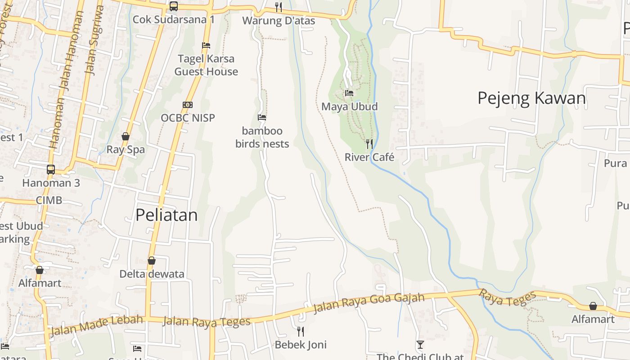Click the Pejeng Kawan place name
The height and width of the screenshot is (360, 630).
click(531, 98)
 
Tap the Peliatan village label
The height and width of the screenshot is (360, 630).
click(166, 215)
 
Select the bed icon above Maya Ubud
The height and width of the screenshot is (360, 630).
click(349, 93)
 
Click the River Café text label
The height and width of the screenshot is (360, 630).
click(369, 157)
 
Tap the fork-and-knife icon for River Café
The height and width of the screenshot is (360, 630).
click(369, 144)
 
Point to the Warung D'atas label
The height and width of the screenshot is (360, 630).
click(279, 21)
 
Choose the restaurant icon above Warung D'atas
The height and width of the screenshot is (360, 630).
click(279, 7)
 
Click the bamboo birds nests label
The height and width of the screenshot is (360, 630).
click(262, 137)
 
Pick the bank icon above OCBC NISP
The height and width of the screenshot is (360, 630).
click(188, 105)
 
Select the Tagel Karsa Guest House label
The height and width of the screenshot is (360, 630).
click(206, 65)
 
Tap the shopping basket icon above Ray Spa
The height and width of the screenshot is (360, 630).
click(126, 136)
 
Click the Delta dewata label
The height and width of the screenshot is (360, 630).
click(152, 274)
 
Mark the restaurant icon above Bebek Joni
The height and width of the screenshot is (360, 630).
click(301, 332)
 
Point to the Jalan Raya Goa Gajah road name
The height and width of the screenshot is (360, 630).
click(369, 302)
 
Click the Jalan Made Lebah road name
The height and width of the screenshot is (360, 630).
click(96, 325)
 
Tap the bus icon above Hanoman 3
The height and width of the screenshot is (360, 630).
click(51, 170)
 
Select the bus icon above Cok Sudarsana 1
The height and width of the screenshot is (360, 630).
click(174, 6)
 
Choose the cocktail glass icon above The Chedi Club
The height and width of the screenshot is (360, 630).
click(420, 345)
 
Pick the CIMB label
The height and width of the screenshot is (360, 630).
click(49, 200)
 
